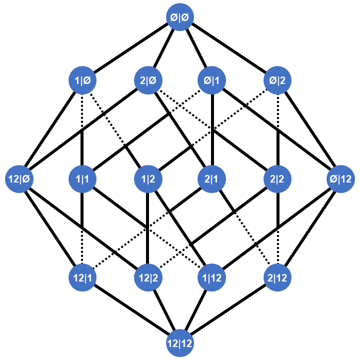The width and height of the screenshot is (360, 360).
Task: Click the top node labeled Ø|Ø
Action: (x=180, y=16)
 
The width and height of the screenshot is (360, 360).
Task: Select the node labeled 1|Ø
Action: (x=82, y=79)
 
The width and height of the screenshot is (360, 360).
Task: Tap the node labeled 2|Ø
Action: (x=147, y=79)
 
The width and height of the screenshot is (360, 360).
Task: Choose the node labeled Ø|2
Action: (x=278, y=79)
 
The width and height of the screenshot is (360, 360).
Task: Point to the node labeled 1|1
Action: (x=82, y=178)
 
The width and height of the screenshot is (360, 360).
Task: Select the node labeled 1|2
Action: (x=147, y=178)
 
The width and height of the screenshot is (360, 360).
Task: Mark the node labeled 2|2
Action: (x=278, y=178)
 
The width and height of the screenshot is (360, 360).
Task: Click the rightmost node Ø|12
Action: (x=341, y=178)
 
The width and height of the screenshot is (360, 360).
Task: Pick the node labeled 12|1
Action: (x=82, y=276)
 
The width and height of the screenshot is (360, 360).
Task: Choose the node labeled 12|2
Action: (x=147, y=276)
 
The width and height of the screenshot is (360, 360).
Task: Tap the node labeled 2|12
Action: (x=278, y=276)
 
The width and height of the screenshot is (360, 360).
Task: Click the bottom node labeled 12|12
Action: (x=180, y=343)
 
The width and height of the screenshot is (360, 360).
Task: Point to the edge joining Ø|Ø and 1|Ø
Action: (x=131, y=48)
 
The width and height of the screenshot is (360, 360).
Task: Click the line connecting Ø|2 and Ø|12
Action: (x=309, y=129)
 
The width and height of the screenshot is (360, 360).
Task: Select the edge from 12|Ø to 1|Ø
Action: (x=50, y=129)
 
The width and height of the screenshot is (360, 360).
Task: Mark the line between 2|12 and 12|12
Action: (x=229, y=310)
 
